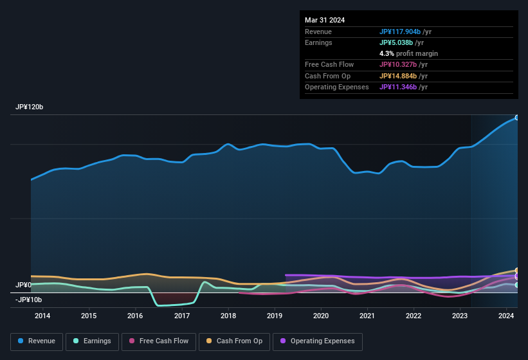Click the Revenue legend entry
point(36,341)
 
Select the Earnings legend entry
point(92,341)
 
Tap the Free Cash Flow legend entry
point(159,341)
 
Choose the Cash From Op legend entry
point(234,341)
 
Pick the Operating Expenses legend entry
point(318,341)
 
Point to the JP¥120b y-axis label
point(30,107)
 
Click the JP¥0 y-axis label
point(24,285)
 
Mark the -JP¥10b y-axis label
point(28,300)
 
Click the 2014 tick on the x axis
point(42,316)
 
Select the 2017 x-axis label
point(182,316)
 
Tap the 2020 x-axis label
point(321,316)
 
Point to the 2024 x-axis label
point(506,316)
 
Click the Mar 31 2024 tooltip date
point(325,20)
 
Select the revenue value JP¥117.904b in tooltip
point(400,32)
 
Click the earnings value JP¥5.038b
point(396,42)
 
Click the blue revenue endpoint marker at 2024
point(516,118)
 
